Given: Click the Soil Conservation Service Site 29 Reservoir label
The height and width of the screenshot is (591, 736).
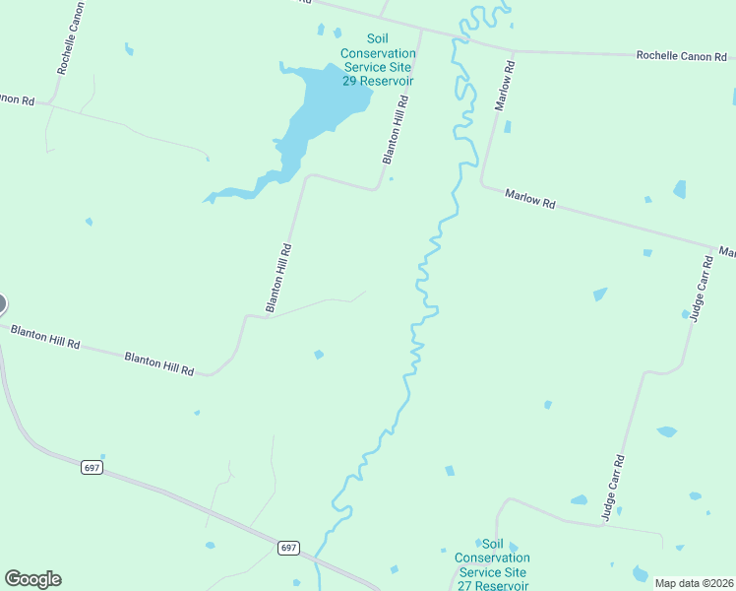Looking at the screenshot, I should tap(377, 59).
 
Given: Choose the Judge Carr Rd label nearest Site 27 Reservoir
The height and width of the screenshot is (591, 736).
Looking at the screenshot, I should tap(613, 487).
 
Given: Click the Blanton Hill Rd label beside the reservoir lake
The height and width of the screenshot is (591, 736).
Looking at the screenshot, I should tap(395, 129).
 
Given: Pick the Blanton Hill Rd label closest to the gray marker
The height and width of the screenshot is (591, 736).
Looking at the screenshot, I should tap(45, 341).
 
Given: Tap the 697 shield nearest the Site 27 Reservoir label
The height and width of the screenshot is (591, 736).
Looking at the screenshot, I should tap(288, 548).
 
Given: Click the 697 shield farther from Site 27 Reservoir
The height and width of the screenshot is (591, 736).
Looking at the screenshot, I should tap(92, 467).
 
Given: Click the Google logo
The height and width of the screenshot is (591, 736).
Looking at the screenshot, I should tap(32, 579).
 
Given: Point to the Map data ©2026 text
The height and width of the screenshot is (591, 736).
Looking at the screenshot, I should tap(694, 583).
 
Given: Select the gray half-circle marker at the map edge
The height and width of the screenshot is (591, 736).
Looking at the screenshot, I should tap(2, 304).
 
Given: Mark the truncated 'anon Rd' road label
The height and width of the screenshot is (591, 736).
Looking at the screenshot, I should tap(18, 99).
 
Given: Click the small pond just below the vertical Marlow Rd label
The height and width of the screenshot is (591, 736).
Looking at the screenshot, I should tap(508, 126).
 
